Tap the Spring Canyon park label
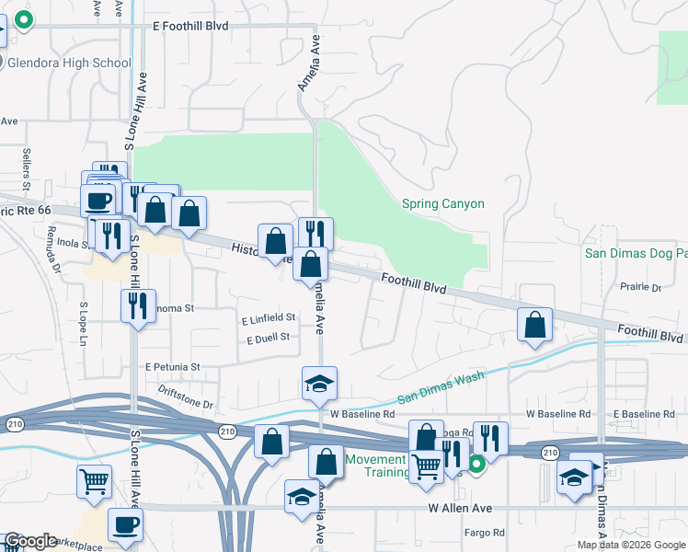tap(442, 203)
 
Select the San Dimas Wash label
tap(441, 388)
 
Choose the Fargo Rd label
tap(485, 532)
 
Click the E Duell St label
tap(268, 339)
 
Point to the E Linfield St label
tap(268, 318)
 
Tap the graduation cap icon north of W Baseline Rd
tap(319, 384)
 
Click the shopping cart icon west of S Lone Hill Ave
tap(94, 481)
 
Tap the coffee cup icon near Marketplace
tap(125, 525)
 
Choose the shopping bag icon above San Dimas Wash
tap(534, 325)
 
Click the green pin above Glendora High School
tap(21, 20)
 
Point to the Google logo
tap(30, 541)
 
